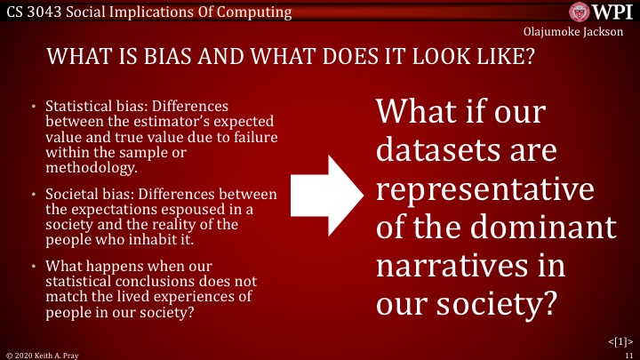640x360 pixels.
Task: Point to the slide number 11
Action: [x=628, y=353]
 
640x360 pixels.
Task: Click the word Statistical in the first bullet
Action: [x=80, y=106]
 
